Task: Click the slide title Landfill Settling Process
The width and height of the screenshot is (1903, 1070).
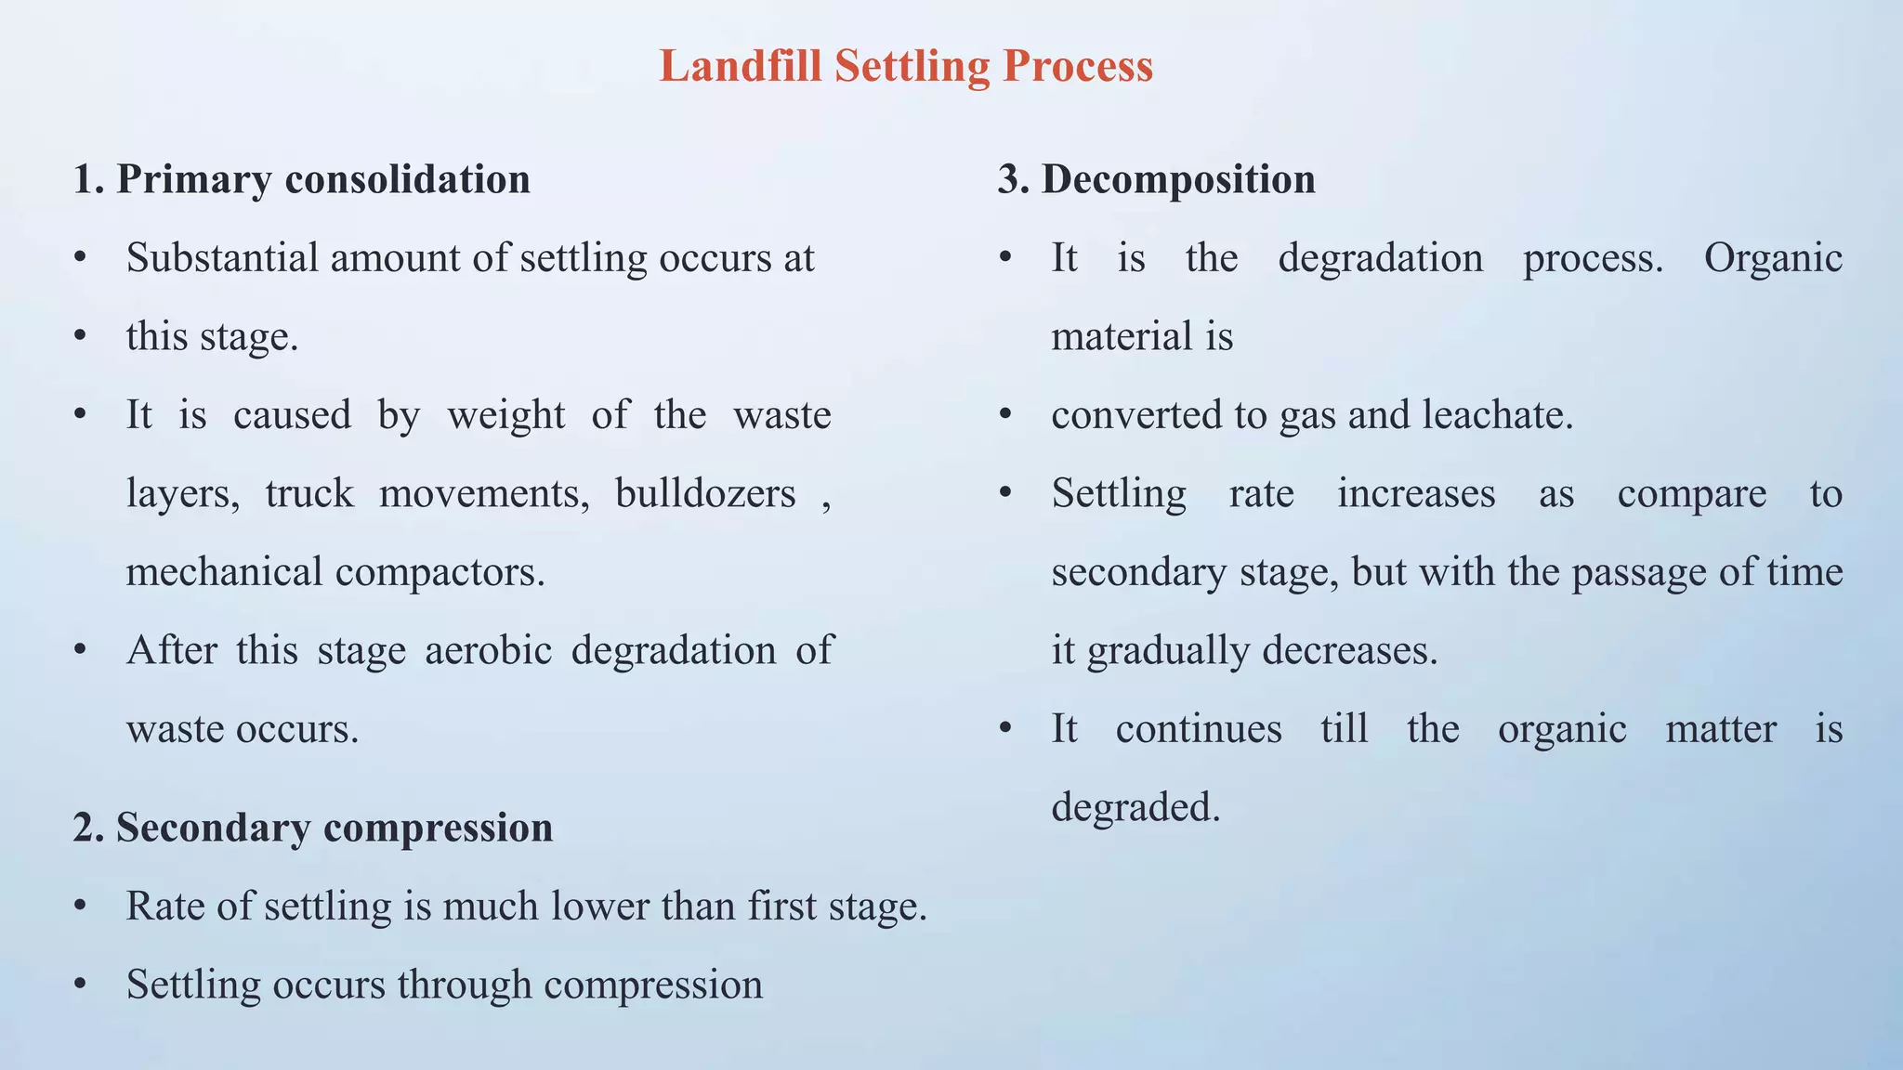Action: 906,67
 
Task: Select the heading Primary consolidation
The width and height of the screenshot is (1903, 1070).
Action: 302,178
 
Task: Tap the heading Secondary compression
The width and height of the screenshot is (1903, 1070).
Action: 313,827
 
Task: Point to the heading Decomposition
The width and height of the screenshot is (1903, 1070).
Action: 1157,178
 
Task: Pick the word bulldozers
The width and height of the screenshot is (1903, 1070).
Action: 705,493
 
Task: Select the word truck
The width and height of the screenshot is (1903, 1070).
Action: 309,493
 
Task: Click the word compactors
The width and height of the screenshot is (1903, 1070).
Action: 440,572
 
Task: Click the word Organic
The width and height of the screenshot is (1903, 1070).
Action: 1773,258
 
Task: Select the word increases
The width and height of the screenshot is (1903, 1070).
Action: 1416,493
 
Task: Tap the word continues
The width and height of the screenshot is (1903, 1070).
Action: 1199,729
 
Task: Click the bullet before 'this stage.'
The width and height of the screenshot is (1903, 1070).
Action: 81,336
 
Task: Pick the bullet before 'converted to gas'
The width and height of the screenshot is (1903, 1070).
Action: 1005,415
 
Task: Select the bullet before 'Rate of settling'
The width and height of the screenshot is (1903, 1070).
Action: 81,906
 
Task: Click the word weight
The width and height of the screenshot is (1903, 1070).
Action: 506,415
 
